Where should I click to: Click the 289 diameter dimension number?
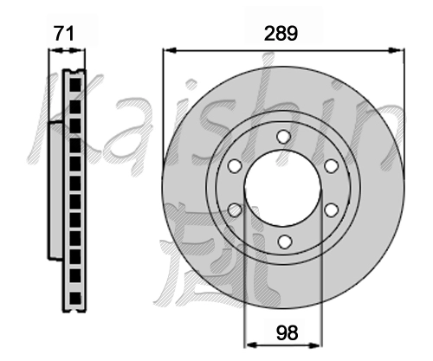pos(281,33)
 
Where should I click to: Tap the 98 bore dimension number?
pos(287,332)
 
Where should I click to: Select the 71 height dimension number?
pos(64,33)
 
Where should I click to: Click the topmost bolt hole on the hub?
pos(283,137)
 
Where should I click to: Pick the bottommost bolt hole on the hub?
pos(284,242)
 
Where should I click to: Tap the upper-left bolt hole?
pos(235,166)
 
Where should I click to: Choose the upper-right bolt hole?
pos(331,166)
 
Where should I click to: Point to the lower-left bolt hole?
pos(235,210)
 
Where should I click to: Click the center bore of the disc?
pos(283,188)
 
